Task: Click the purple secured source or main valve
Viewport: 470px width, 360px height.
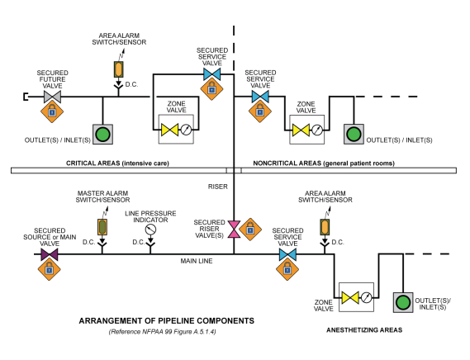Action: (x=50, y=254)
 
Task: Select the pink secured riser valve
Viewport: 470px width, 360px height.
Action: (x=234, y=230)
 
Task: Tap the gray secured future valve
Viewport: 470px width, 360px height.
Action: (x=53, y=97)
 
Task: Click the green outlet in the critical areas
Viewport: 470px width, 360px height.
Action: (x=102, y=135)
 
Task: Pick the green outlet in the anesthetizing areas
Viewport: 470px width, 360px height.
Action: (x=403, y=302)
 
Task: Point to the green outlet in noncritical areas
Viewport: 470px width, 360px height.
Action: (x=354, y=135)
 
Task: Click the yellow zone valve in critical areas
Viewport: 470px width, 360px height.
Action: (x=169, y=130)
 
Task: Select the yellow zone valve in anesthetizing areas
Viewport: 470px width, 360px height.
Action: (x=350, y=297)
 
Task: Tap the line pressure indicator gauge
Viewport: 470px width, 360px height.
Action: (x=150, y=230)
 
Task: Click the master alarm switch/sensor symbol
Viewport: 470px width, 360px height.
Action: (x=102, y=227)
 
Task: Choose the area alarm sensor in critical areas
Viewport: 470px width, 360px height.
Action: (x=118, y=69)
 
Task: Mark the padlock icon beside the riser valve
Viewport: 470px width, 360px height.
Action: (x=250, y=230)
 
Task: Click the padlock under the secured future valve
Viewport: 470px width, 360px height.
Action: (x=52, y=111)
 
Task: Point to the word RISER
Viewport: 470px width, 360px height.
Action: (x=218, y=187)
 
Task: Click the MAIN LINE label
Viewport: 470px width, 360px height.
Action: (x=197, y=261)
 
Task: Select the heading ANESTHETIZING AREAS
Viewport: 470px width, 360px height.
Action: (x=364, y=330)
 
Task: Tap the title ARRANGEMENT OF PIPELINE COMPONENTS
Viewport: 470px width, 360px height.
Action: (x=167, y=320)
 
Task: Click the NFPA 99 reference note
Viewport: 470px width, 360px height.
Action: (x=162, y=332)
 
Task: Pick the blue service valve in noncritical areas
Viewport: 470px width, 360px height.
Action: (x=260, y=97)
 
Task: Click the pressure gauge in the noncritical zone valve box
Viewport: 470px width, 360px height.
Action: (x=317, y=130)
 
